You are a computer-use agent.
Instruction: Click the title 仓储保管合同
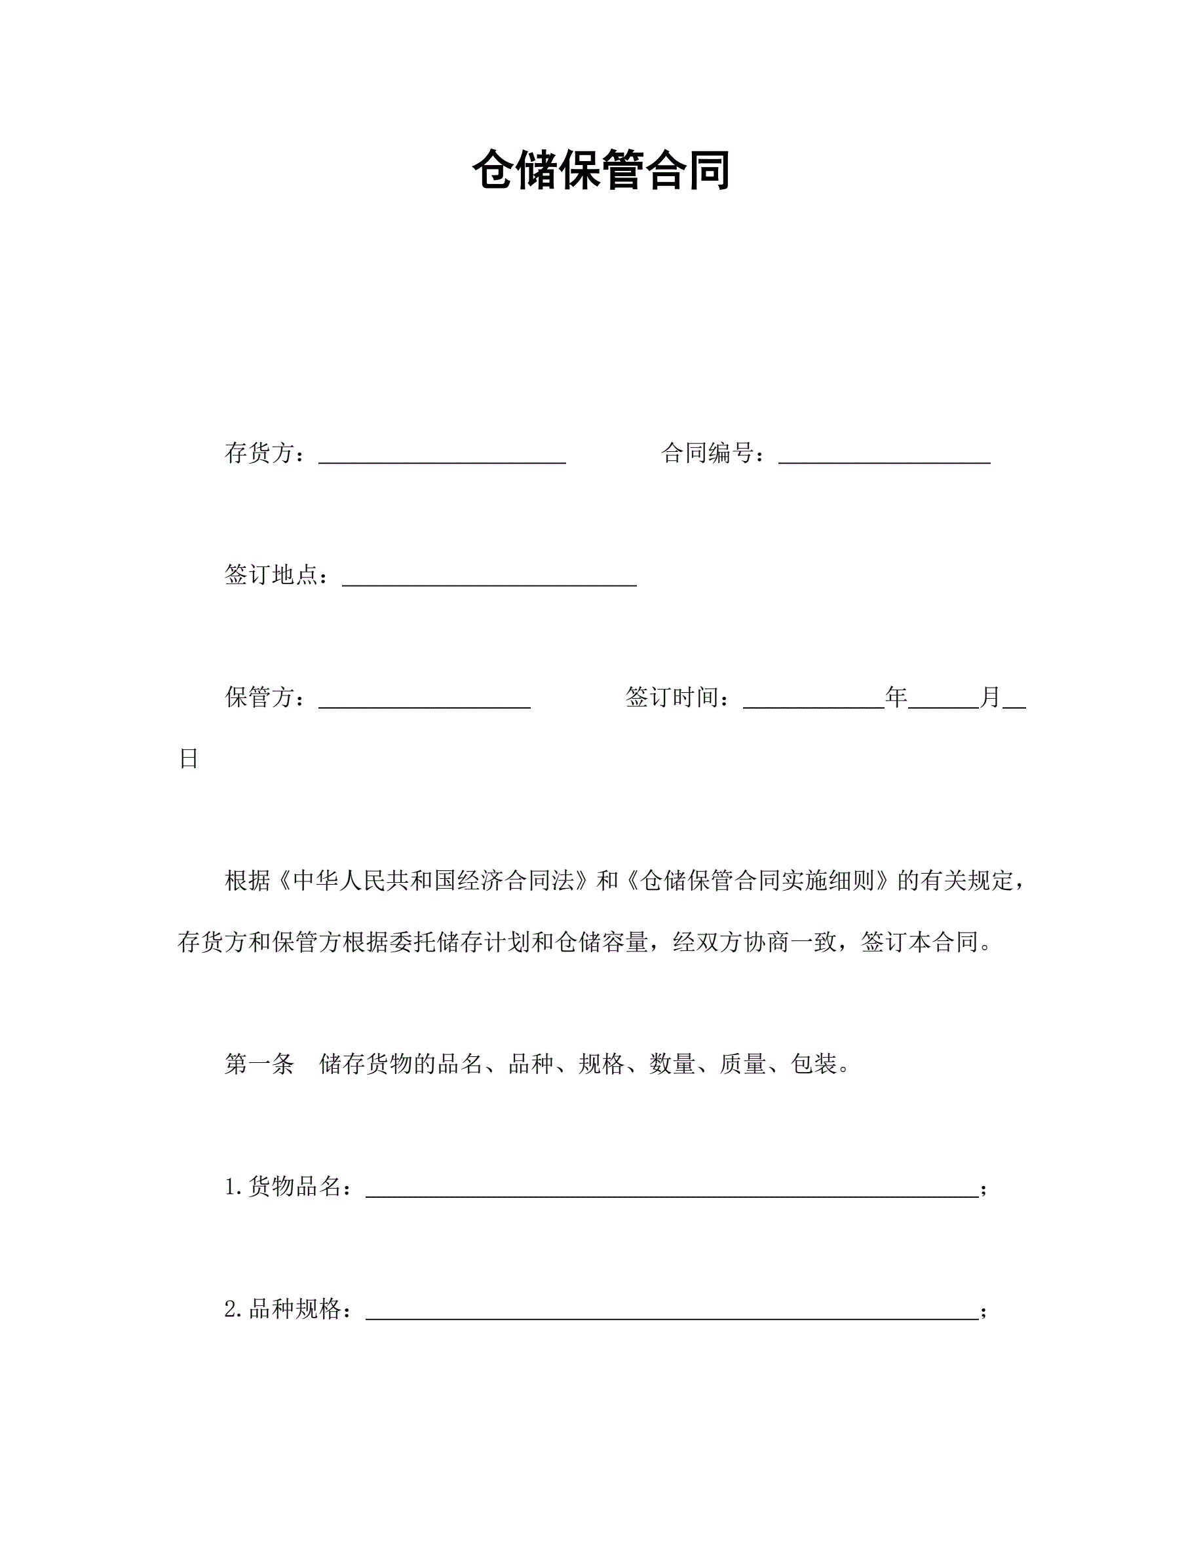601,170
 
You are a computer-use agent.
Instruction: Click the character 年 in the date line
896,697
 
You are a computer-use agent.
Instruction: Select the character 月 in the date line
991,697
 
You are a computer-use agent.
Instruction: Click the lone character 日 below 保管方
188,759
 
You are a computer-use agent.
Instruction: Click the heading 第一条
259,1064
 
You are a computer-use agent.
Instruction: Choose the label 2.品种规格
286,1308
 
